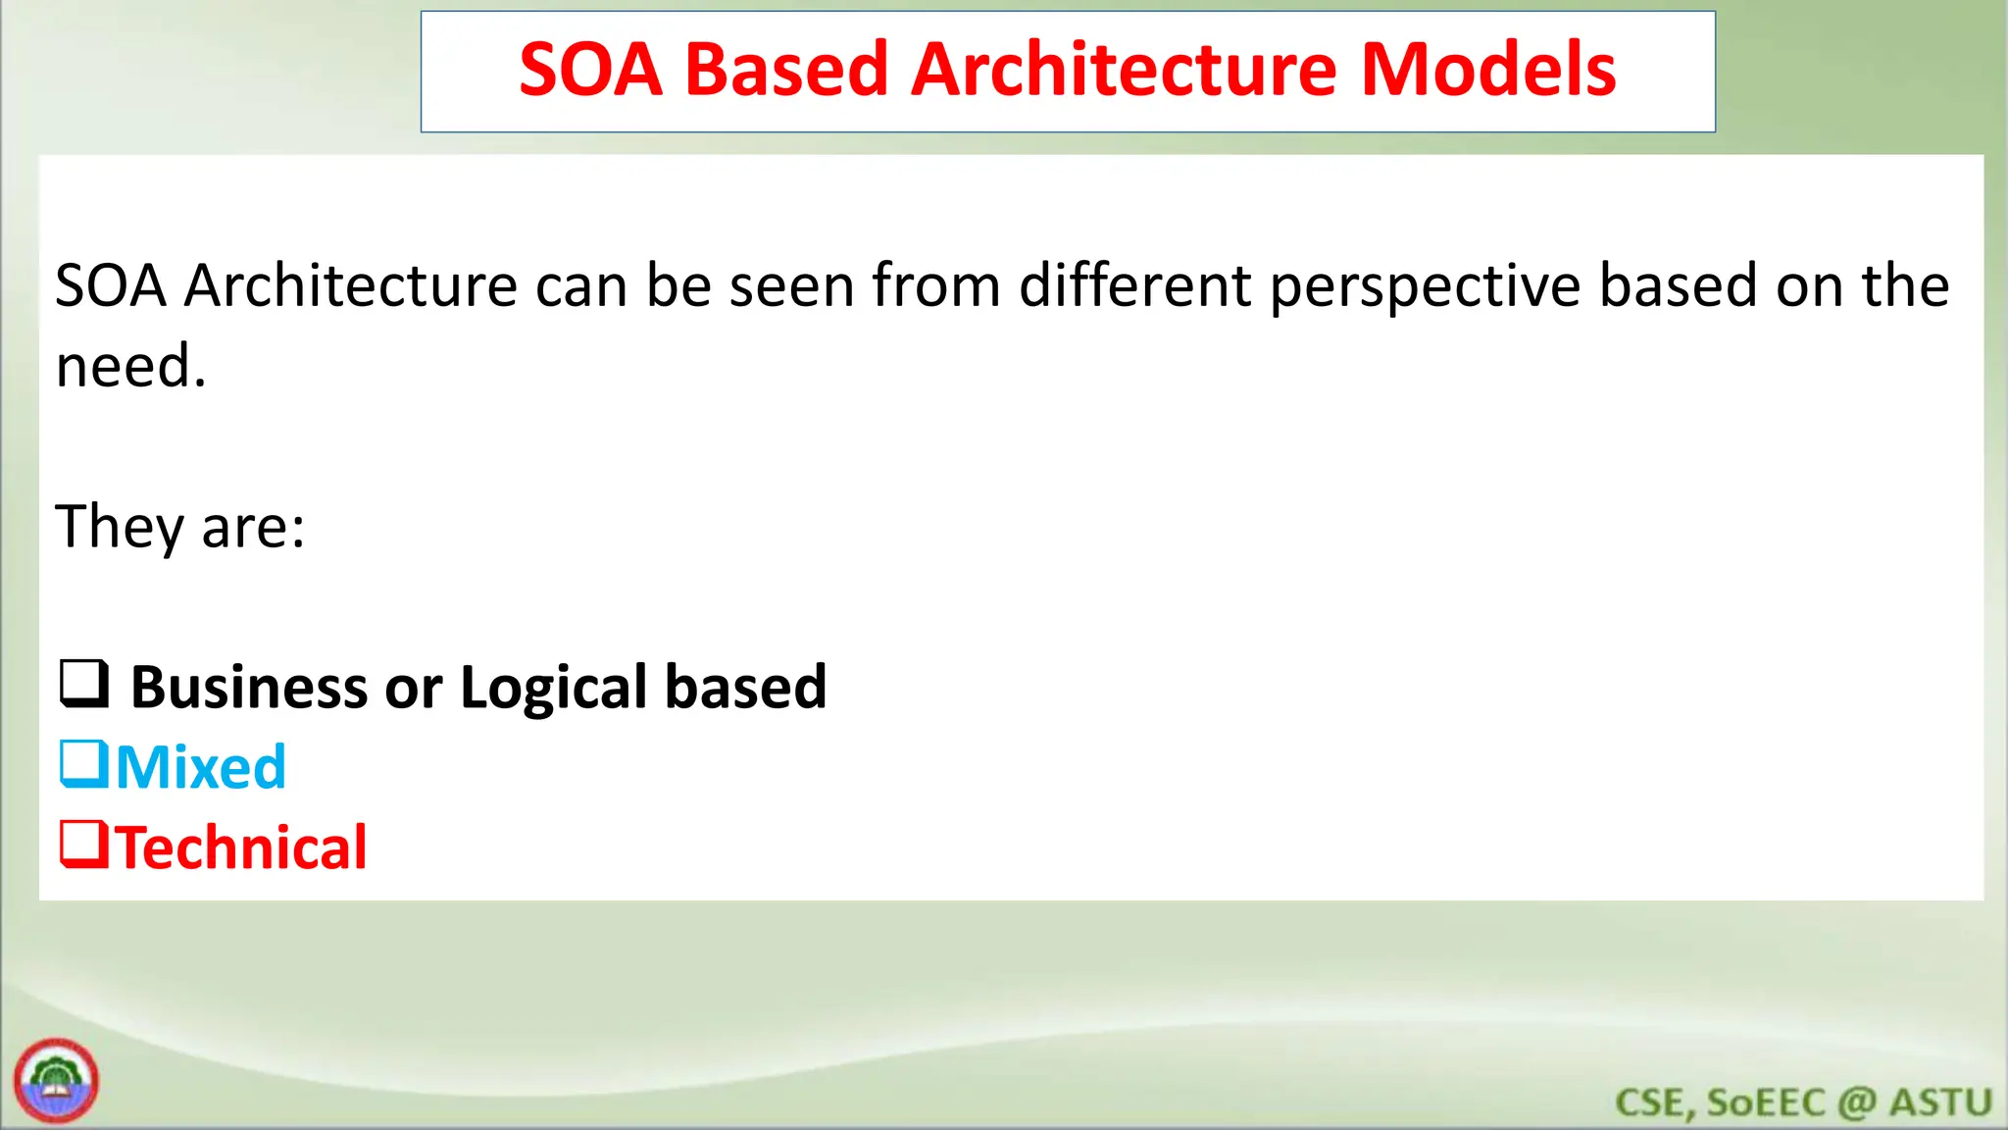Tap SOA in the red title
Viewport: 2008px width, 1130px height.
[590, 71]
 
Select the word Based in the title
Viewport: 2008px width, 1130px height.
[786, 71]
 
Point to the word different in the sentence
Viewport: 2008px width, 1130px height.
[1135, 285]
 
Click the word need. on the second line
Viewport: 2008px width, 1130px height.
[130, 367]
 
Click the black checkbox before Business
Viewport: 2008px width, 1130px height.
[84, 684]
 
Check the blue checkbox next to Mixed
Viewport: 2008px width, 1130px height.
[83, 764]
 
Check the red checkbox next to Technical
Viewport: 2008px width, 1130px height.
[83, 845]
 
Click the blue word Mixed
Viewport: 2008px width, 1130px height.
[201, 767]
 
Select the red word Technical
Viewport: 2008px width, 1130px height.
[241, 847]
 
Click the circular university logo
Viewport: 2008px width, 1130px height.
[56, 1081]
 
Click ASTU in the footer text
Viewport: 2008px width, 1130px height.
[1940, 1103]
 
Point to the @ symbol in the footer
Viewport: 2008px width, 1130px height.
[1856, 1104]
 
